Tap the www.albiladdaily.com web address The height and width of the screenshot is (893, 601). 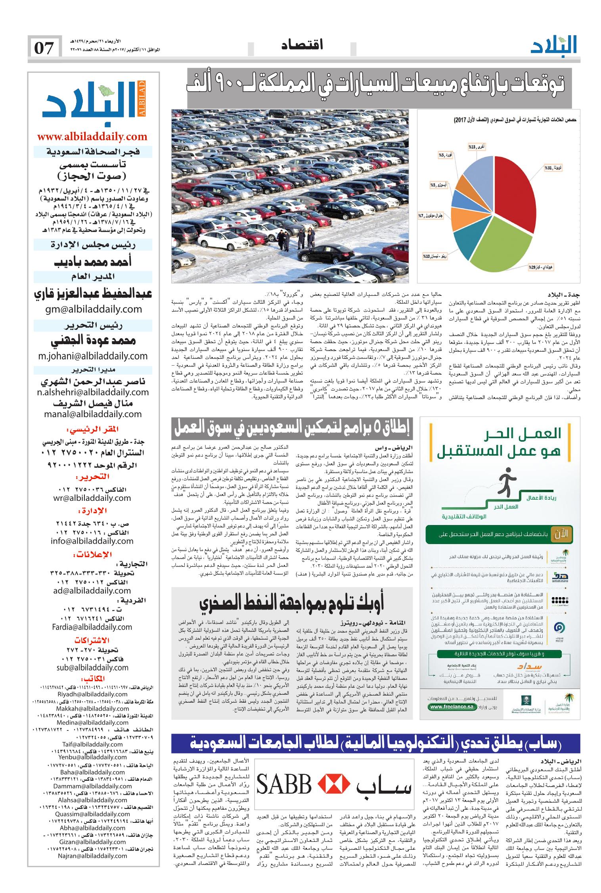92,137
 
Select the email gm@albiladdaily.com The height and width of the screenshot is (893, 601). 92,309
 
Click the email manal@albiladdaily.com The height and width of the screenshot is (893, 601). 93,414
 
